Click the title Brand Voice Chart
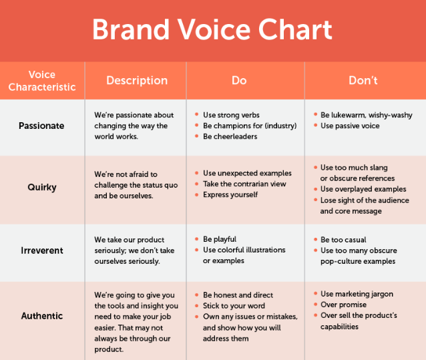212,29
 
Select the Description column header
137,80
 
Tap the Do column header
239,80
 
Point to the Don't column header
363,80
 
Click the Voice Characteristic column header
42,81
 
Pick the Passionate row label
41,126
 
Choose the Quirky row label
42,187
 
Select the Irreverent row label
42,250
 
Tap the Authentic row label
42,316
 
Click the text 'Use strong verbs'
231,115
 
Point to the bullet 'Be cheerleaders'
230,136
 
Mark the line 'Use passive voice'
350,126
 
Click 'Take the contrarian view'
244,184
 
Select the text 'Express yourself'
230,195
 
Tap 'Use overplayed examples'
363,189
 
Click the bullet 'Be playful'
220,239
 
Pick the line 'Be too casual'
343,240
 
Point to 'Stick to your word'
234,306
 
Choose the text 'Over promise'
343,305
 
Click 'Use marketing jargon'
357,294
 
